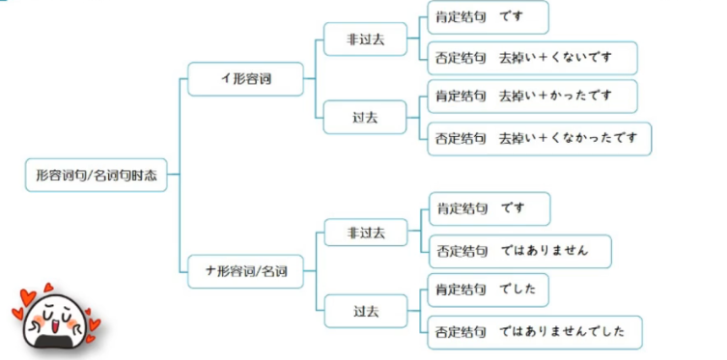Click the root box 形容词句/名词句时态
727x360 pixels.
[96, 175]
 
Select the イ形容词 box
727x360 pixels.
[245, 79]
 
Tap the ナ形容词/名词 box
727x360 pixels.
[245, 271]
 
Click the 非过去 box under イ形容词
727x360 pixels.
[365, 40]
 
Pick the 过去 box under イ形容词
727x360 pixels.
[365, 118]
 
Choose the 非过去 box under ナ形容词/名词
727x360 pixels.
[366, 233]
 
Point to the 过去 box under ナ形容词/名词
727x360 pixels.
[366, 312]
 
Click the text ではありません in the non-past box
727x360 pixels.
[545, 251]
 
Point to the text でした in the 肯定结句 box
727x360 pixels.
[517, 290]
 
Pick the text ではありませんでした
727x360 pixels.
[563, 332]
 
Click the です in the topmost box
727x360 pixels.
[512, 17]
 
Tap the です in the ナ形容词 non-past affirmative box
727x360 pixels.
[513, 208]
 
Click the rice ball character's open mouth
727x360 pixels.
[55, 326]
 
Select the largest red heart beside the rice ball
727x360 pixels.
[27, 297]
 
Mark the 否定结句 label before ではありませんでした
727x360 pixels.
[461, 332]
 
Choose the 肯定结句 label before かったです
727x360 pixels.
[461, 96]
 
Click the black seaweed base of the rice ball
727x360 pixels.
[54, 342]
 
